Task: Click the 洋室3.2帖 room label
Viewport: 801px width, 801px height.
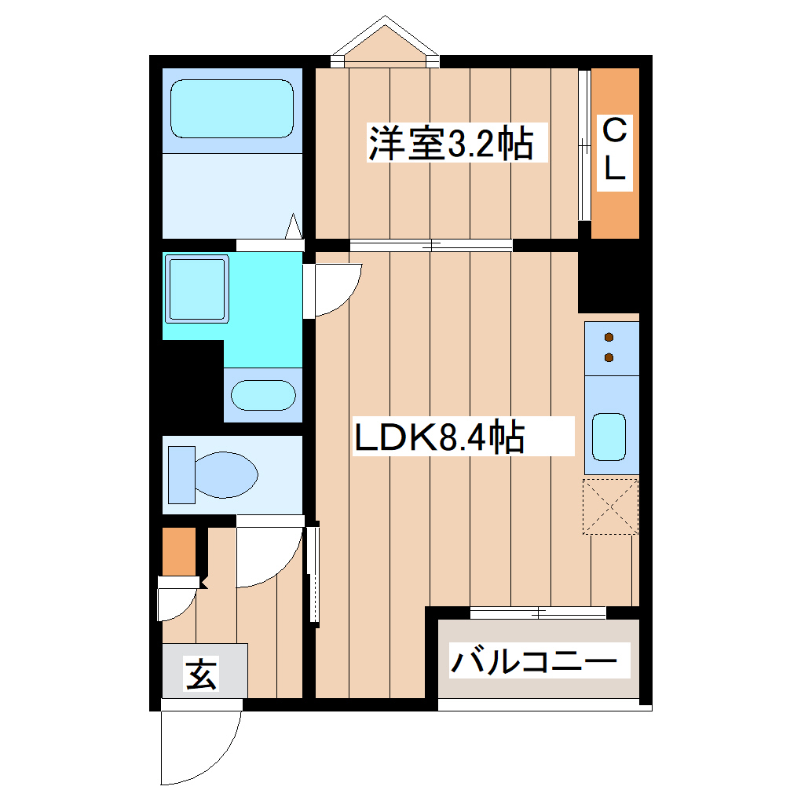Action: (451, 144)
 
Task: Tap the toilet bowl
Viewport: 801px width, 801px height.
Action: (226, 474)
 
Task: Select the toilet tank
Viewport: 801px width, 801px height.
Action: (181, 474)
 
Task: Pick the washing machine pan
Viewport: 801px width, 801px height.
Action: (197, 288)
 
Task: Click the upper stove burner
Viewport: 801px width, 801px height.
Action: (609, 338)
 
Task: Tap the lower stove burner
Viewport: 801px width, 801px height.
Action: (609, 358)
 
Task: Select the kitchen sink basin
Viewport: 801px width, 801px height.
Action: (609, 436)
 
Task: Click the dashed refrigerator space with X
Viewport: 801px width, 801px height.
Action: (610, 507)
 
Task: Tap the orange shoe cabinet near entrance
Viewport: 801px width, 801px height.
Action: (179, 551)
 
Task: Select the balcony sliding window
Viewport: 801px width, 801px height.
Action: (539, 613)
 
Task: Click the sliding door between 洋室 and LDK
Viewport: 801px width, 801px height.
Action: (431, 245)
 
